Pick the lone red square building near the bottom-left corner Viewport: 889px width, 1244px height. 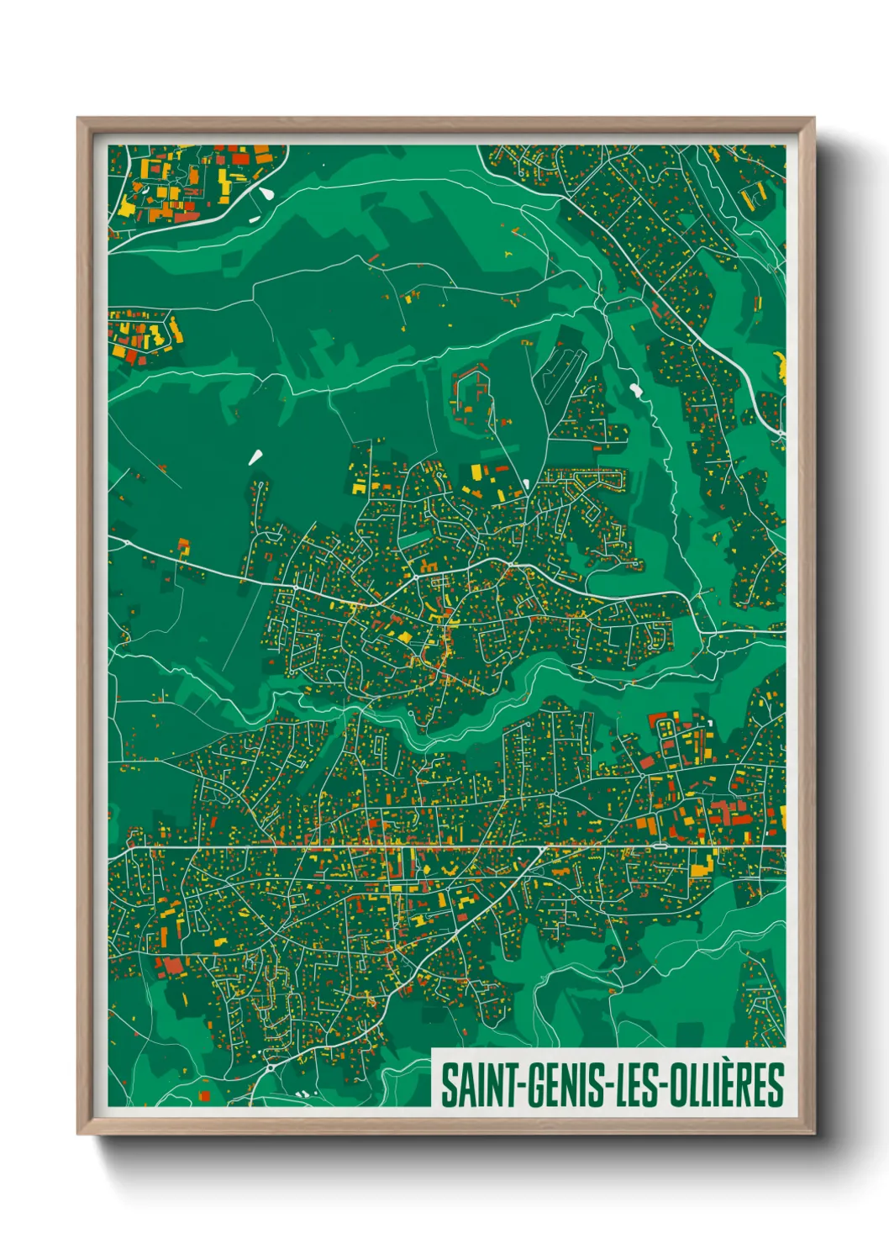203,1096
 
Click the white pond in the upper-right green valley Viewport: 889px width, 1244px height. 634,391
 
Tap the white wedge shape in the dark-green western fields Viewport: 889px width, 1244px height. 255,456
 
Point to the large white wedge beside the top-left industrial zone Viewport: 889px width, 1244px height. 267,192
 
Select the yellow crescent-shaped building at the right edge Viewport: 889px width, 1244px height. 781,364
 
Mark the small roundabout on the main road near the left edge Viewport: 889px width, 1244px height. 126,543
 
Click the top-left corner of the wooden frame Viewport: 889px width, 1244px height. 79,119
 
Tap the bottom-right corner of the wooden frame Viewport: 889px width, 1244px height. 813,1133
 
